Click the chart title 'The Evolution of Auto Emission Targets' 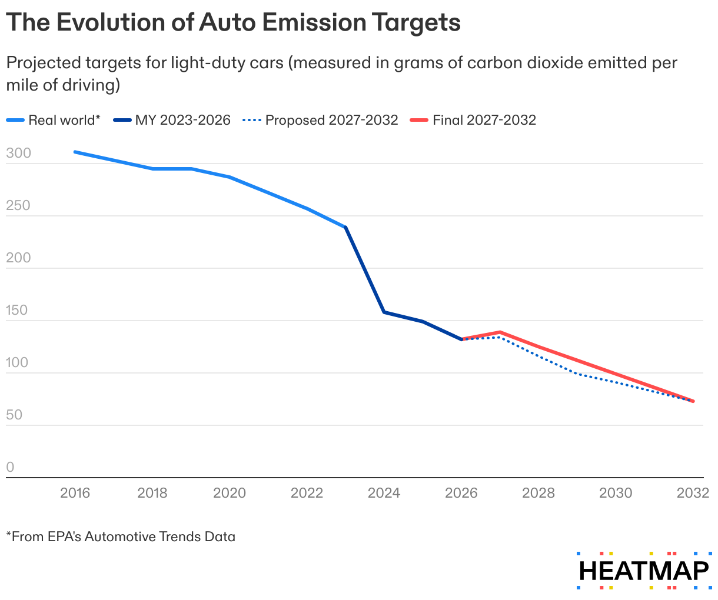[x=233, y=22]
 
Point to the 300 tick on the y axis [x=17, y=154]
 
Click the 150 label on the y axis [x=17, y=311]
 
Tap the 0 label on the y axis [x=10, y=468]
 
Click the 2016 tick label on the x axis [x=75, y=493]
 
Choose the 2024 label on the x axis [x=384, y=493]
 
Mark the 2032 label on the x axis [x=693, y=493]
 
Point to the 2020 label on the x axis [x=230, y=493]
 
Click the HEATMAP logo [x=644, y=571]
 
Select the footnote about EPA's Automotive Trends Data [x=121, y=536]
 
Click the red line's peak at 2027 [x=500, y=332]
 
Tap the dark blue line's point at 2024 [x=384, y=312]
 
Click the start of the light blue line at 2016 [x=75, y=152]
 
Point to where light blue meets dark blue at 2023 [x=345, y=227]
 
